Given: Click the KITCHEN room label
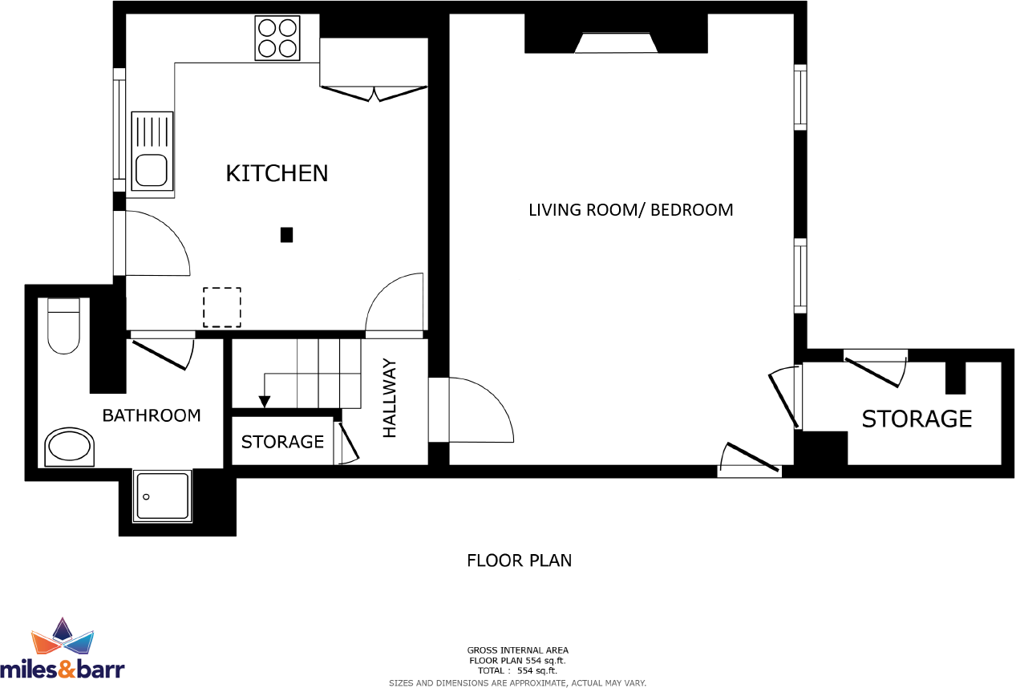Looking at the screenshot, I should point(277,173).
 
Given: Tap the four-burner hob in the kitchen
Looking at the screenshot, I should point(277,38).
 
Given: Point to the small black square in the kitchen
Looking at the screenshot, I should point(286,235).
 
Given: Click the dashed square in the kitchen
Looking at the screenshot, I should point(222,307).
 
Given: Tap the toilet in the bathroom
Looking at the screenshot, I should point(64,326).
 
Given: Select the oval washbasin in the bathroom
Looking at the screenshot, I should point(69,447).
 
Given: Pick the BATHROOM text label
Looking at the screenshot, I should point(152,415).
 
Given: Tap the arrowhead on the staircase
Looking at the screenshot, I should point(263,402).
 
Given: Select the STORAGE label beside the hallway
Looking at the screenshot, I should point(282,442).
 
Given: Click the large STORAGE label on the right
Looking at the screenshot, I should point(917,419).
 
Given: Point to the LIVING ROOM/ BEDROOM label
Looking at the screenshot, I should point(630,210).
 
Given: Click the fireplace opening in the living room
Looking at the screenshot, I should point(616,43).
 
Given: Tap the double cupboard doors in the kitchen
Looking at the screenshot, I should point(374,93).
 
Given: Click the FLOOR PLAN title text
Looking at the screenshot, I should point(519,560).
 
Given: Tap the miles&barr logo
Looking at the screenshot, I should point(63,649).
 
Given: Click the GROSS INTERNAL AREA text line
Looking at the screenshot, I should point(517,650).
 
